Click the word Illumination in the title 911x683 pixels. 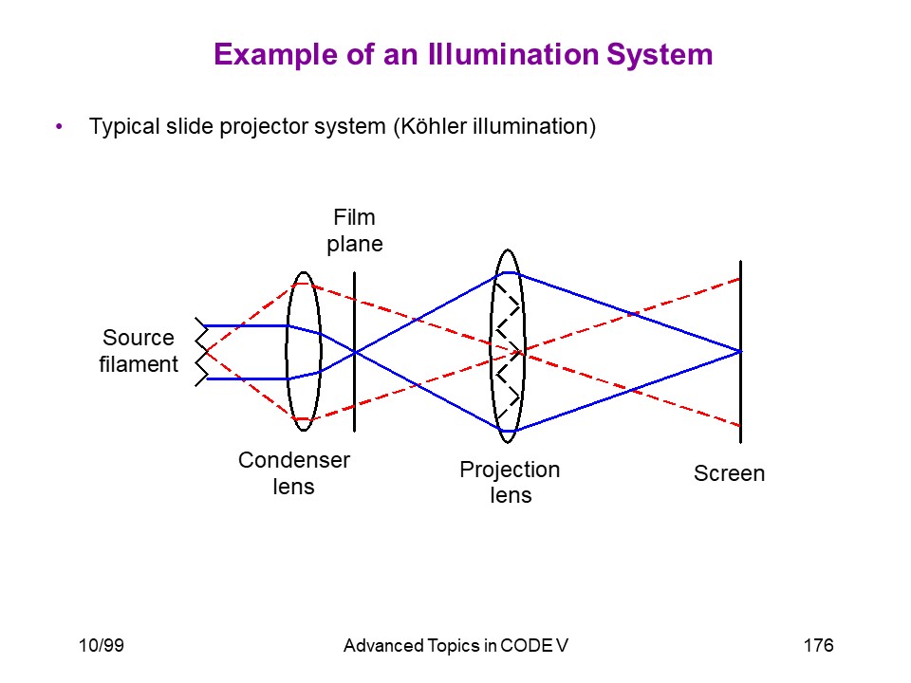click(x=513, y=54)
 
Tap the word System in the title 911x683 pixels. click(x=660, y=56)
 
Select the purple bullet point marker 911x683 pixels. click(x=59, y=126)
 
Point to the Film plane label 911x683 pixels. click(x=354, y=231)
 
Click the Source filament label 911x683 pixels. click(x=139, y=351)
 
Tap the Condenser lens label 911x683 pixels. click(x=294, y=472)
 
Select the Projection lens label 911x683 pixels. click(x=510, y=482)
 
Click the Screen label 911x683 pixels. click(x=729, y=473)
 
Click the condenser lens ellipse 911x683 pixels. click(x=287, y=351)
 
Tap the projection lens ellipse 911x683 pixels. click(x=491, y=346)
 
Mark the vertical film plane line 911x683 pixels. click(x=354, y=352)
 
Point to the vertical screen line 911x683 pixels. click(x=740, y=352)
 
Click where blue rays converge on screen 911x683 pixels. click(x=740, y=351)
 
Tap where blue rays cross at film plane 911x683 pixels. click(x=354, y=352)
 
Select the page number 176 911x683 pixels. click(x=818, y=645)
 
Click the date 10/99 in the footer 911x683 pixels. click(x=102, y=645)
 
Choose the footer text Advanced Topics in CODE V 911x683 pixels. click(x=455, y=645)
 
